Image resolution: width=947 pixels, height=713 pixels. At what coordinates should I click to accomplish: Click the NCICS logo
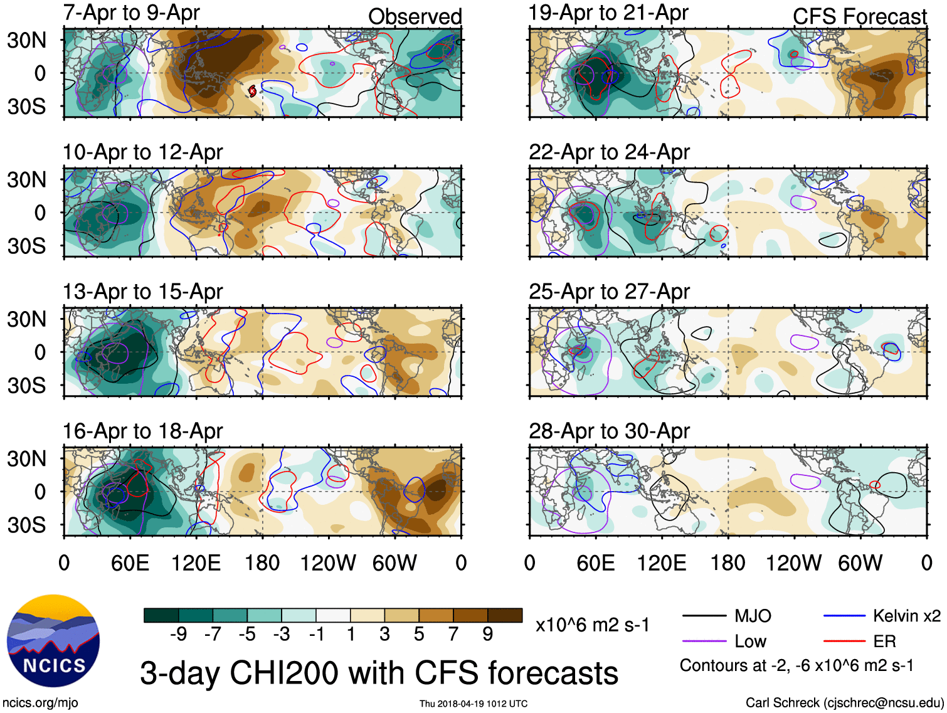(53, 640)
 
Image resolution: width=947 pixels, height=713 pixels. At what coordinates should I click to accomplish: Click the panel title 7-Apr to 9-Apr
(131, 13)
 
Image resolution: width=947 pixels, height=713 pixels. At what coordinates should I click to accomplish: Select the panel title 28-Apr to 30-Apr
(609, 431)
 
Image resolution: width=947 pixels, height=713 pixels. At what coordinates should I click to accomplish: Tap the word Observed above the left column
(415, 16)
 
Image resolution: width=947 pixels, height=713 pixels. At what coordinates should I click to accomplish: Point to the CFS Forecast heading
(859, 16)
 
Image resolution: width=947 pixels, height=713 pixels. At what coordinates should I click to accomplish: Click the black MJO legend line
(704, 616)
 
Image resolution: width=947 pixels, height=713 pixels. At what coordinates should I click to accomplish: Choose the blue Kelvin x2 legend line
(844, 616)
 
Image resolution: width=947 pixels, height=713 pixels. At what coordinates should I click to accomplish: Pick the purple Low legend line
(704, 642)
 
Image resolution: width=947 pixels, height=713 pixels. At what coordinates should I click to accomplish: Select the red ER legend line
(844, 642)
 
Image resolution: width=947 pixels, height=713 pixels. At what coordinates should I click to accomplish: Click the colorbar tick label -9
(178, 635)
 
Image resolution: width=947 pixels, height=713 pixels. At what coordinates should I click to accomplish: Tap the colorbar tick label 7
(453, 635)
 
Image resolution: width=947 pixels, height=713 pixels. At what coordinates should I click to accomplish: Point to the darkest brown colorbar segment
(505, 615)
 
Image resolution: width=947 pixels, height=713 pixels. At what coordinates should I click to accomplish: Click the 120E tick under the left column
(196, 563)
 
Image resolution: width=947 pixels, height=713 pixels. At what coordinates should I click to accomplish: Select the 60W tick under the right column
(860, 563)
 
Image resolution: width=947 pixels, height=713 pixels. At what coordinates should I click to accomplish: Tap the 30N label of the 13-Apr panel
(26, 319)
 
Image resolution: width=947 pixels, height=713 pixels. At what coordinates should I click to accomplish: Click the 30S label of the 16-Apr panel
(26, 525)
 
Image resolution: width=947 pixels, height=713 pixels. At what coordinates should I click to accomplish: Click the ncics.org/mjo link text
(40, 703)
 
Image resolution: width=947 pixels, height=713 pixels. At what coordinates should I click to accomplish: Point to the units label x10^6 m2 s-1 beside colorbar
(592, 625)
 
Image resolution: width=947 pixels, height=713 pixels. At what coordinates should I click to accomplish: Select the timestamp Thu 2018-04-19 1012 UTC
(473, 704)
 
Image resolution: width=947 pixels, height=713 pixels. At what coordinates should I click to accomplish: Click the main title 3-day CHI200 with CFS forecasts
(379, 673)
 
